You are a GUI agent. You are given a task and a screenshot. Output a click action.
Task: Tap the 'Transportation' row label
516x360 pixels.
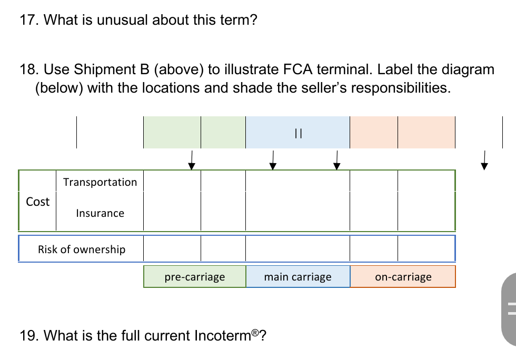coord(100,182)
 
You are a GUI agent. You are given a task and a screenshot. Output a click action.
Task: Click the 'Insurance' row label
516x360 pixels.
coord(100,213)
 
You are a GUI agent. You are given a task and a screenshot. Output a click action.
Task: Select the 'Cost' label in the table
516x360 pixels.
coord(37,202)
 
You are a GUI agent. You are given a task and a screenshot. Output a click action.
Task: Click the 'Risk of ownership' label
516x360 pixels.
coord(82,249)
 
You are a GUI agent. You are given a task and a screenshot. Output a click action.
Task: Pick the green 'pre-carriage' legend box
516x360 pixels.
coord(194,277)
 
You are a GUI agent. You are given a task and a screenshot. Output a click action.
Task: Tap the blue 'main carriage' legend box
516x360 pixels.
coord(297,277)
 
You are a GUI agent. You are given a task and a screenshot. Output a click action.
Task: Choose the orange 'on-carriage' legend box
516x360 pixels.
coord(403,277)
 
